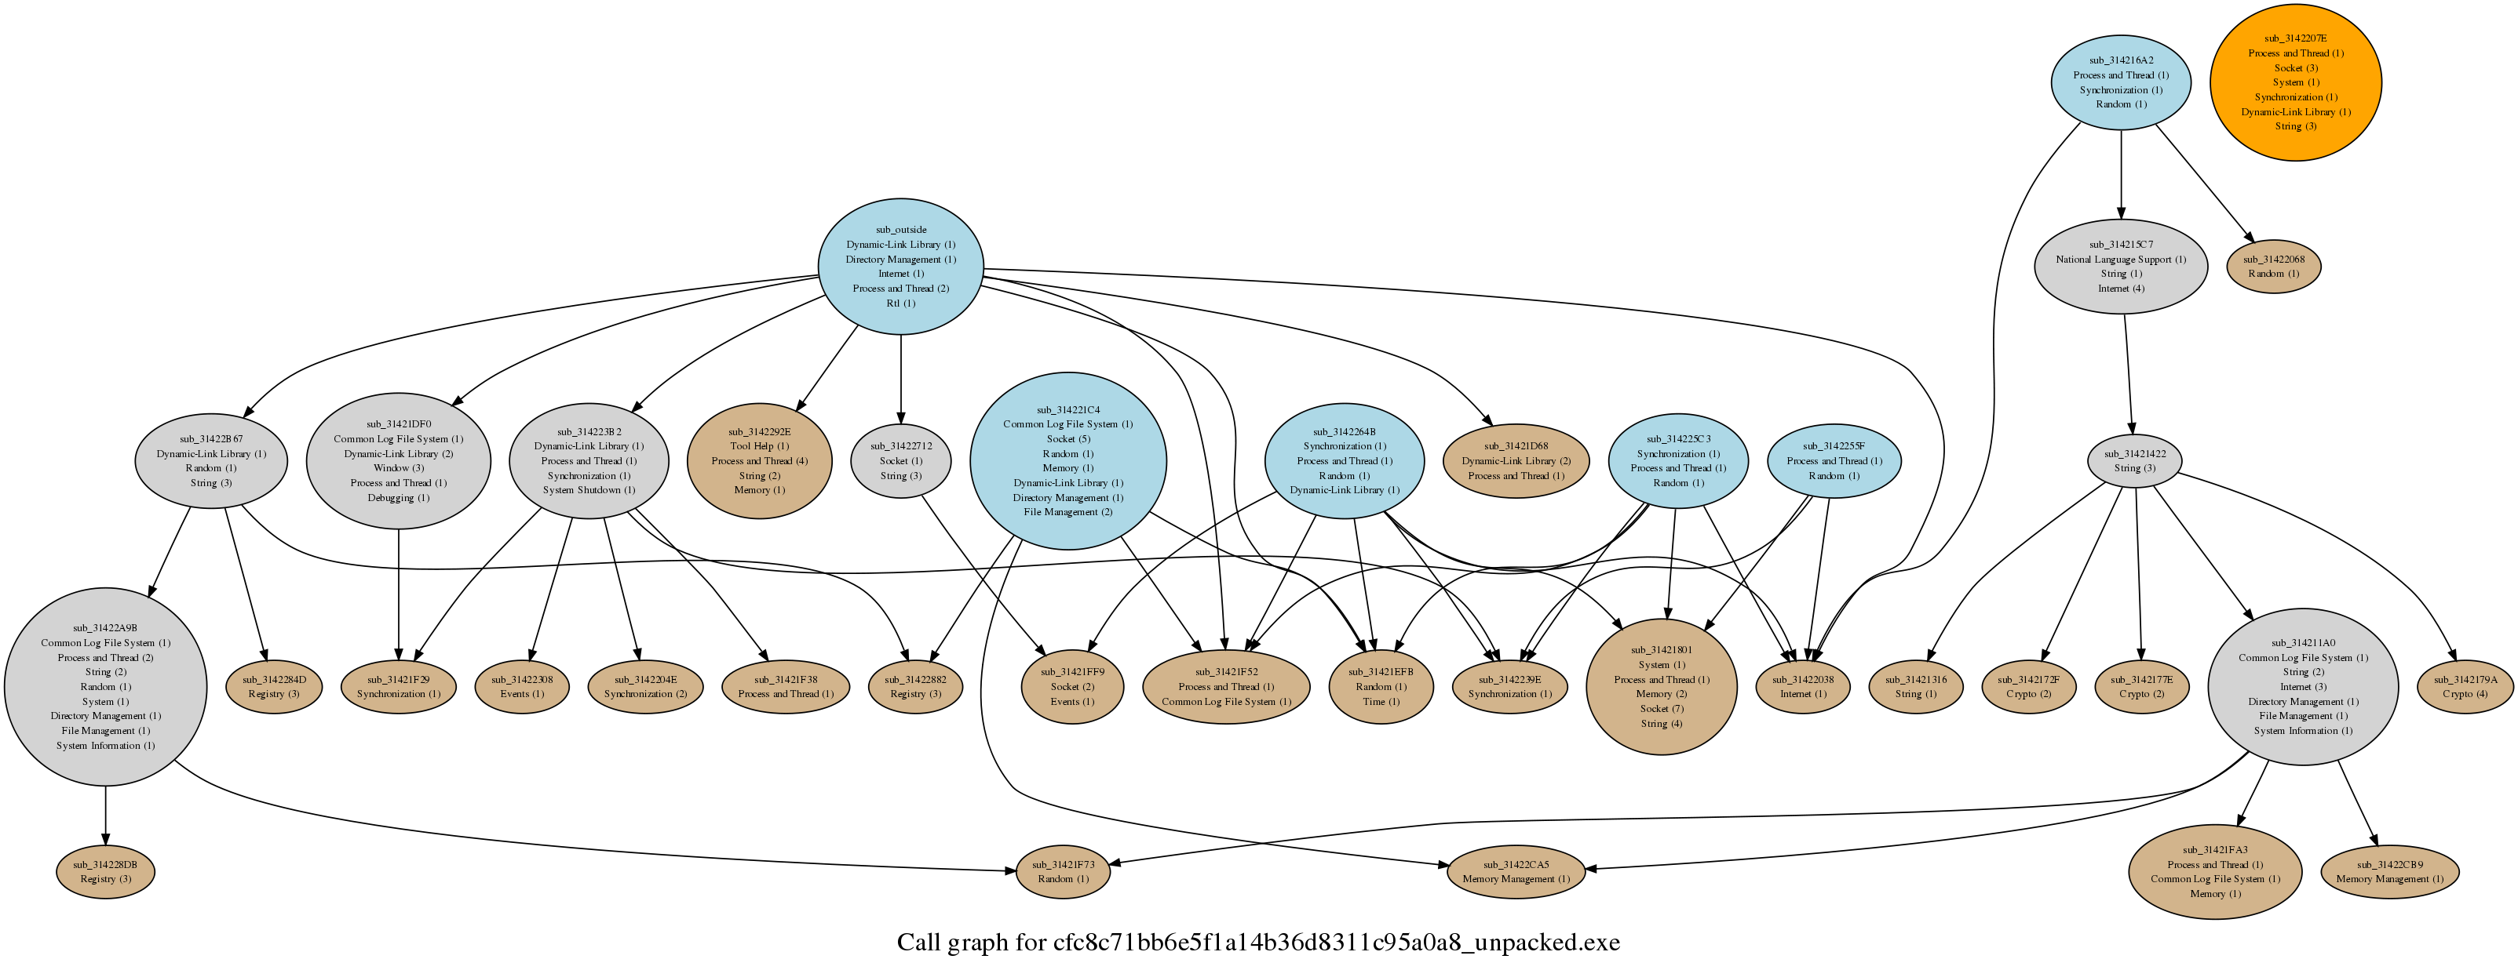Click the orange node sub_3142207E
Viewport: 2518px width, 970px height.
coord(2295,82)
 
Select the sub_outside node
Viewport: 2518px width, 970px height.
coord(900,267)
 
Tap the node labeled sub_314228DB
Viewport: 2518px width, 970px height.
coord(105,872)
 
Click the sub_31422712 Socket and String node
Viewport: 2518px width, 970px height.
coord(900,461)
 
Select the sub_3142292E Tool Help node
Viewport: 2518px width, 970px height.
coord(760,461)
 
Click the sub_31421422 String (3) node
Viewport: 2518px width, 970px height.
coord(2134,461)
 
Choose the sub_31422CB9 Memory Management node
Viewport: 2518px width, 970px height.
coord(2389,872)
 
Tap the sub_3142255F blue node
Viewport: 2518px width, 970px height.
coord(1834,461)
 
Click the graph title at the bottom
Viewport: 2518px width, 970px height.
coord(1258,943)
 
